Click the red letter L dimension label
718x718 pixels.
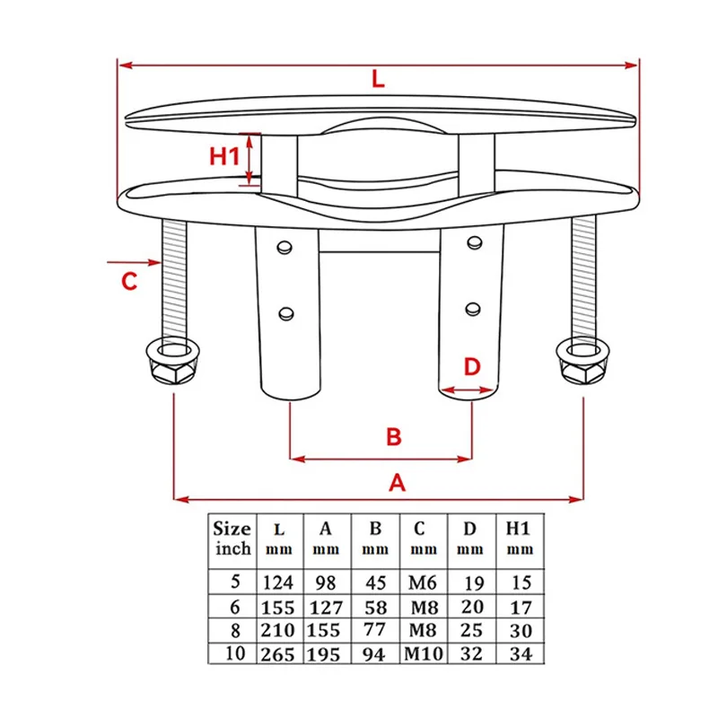378,79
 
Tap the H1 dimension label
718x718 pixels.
224,156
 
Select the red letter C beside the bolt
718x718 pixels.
129,281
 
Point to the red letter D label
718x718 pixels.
472,367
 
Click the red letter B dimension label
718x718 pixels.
393,437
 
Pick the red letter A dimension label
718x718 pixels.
398,483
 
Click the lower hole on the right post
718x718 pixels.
472,310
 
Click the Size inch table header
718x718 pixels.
232,537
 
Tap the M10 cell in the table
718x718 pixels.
422,654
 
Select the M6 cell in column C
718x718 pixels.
422,583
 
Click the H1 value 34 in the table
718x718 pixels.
520,654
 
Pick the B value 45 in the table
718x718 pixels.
374,583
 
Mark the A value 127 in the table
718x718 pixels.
326,608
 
